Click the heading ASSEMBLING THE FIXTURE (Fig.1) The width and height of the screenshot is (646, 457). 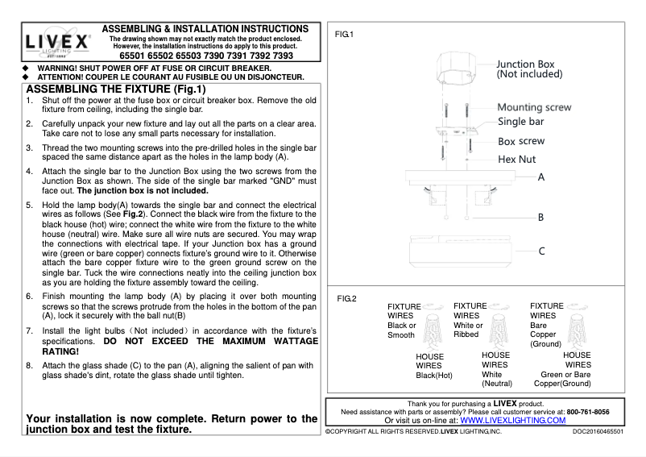pos(117,89)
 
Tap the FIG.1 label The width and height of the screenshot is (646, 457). pos(344,35)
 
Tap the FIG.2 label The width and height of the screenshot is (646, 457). pos(346,299)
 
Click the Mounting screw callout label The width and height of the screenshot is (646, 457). pos(534,107)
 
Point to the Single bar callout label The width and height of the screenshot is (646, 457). pos(521,123)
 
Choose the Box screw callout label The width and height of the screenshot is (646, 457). pos(520,141)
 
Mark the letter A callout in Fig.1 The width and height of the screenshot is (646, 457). pos(541,177)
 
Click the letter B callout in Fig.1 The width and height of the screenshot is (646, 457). pos(541,218)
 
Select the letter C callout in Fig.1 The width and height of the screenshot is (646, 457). pos(541,251)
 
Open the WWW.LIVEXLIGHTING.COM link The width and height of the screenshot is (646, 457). pos(513,420)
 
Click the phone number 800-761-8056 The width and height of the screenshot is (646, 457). pos(587,412)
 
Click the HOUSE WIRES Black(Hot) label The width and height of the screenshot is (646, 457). pos(434,365)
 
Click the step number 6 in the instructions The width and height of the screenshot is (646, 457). pos(30,297)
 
